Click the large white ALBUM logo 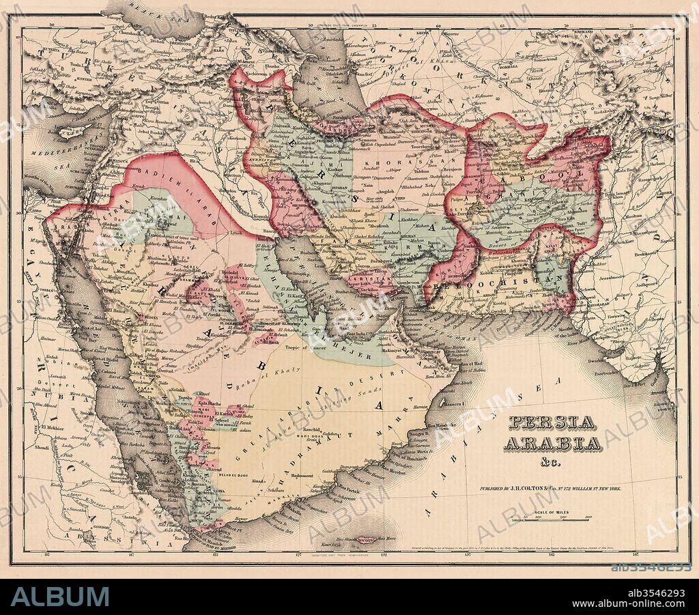pos(59,596)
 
